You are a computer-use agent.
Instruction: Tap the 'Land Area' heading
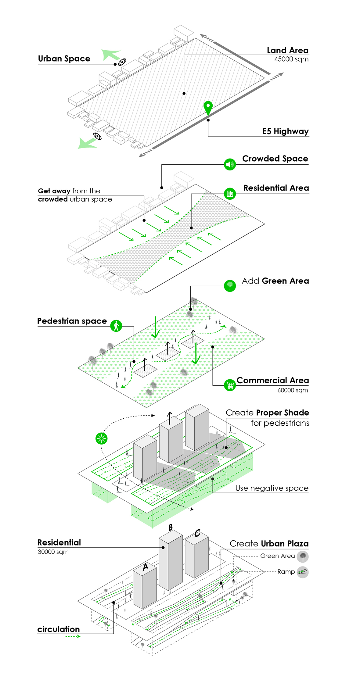[x=287, y=50]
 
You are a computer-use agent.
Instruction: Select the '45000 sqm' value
[x=291, y=59]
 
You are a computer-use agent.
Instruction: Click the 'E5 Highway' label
[x=285, y=131]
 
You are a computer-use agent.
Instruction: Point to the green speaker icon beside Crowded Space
[x=230, y=164]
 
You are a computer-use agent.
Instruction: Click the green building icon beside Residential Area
[x=230, y=194]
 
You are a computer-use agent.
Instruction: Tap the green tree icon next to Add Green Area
[x=230, y=286]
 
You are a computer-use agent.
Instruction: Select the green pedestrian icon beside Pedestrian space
[x=116, y=326]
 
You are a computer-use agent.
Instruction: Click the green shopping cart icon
[x=230, y=385]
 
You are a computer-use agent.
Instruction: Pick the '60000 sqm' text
[x=292, y=390]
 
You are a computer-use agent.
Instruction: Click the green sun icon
[x=101, y=438]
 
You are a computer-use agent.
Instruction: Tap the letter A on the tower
[x=146, y=567]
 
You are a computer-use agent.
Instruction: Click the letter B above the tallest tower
[x=171, y=528]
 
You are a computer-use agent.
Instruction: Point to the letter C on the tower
[x=197, y=533]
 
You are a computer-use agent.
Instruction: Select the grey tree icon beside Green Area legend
[x=302, y=556]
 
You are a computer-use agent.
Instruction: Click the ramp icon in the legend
[x=302, y=572]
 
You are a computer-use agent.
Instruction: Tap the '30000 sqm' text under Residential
[x=53, y=552]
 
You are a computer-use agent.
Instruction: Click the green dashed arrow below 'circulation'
[x=73, y=636]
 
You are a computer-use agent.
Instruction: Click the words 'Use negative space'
[x=272, y=488]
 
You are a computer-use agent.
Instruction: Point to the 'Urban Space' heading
[x=64, y=59]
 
